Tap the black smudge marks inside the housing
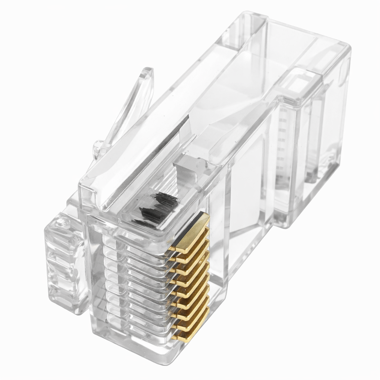156,210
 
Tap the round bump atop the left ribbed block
61,223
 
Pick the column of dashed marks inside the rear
282,141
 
